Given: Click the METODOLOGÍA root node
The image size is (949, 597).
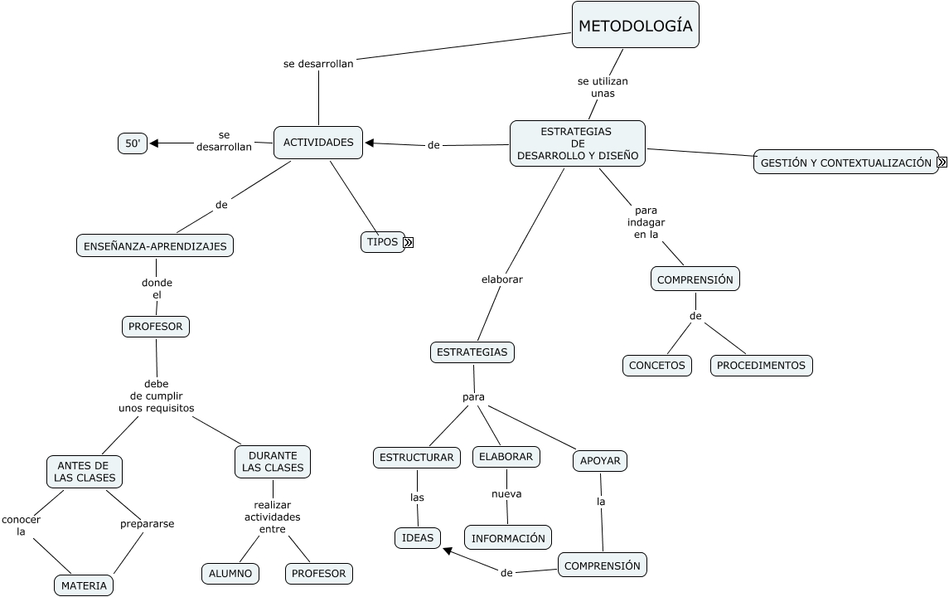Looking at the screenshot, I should point(635,26).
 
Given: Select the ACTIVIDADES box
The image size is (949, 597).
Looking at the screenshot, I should point(318,143).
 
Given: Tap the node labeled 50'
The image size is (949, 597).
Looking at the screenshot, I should point(133,143).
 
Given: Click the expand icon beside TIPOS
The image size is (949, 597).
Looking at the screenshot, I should point(408,243).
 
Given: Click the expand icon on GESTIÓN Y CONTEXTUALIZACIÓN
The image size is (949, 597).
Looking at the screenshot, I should point(942,163).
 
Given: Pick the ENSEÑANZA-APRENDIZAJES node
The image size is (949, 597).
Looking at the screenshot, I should point(155,245).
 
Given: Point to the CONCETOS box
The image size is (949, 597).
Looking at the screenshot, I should point(657,365).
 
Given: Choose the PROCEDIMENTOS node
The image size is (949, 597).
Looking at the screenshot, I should point(761,365).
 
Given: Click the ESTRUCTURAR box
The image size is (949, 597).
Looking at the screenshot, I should point(416,457).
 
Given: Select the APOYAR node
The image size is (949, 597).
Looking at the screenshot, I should point(600,461).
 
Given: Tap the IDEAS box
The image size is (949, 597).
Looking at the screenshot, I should point(417,538).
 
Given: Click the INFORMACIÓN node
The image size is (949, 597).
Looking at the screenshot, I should point(508,538).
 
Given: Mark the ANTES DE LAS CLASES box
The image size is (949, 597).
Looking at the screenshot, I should point(84,472).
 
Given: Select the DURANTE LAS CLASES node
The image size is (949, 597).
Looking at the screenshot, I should point(273,462).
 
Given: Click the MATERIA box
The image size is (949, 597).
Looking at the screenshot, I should point(84,585).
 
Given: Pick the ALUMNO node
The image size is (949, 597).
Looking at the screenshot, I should point(230,573).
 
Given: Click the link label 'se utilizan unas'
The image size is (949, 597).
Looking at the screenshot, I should point(603,87).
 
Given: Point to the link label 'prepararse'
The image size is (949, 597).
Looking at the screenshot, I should point(147,523).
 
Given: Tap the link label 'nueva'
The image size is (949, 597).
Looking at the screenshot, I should point(506,493).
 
